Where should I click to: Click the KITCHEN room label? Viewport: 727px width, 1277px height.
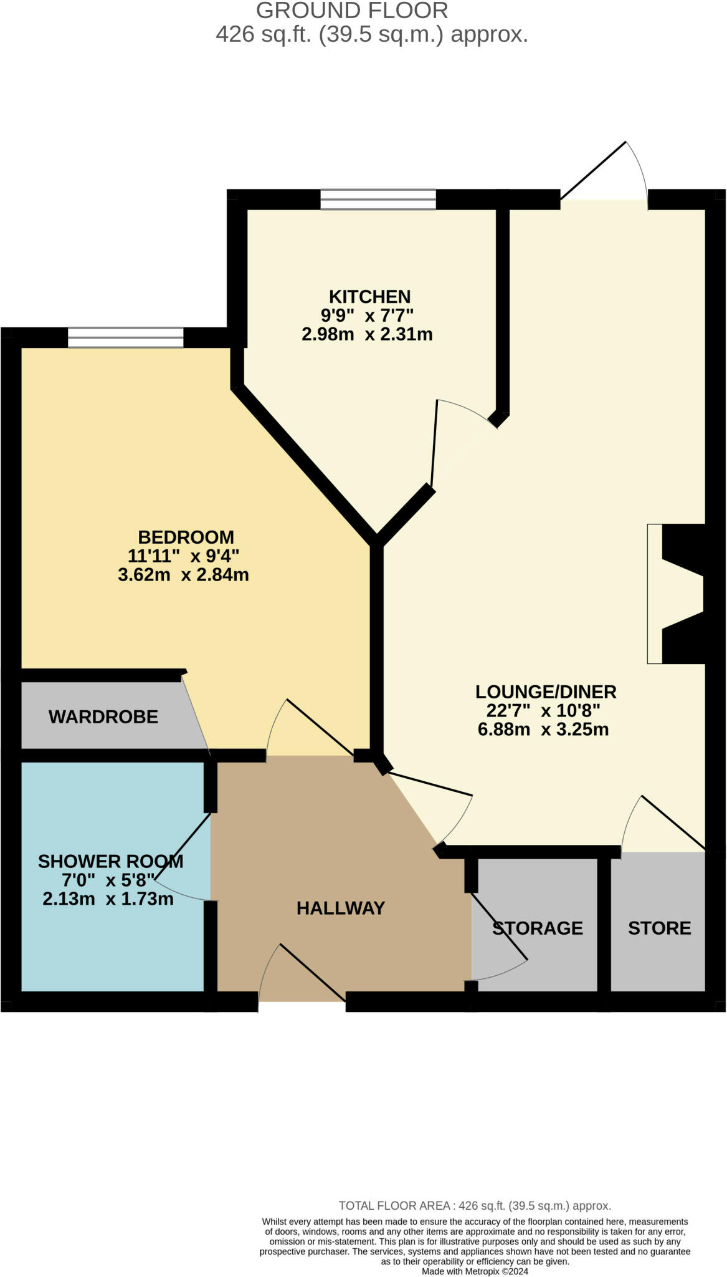369,296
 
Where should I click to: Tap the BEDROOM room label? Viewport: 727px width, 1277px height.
186,537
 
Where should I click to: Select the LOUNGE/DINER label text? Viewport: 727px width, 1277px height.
546,692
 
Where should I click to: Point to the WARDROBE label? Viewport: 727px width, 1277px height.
103,717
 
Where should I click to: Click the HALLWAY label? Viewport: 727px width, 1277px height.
340,908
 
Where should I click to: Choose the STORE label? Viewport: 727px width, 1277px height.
659,928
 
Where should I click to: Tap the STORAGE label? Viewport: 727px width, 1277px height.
538,928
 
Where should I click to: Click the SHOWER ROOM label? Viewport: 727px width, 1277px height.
110,862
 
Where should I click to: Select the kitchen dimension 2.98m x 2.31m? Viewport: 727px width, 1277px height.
367,334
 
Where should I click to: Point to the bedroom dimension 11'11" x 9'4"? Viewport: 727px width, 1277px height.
183,556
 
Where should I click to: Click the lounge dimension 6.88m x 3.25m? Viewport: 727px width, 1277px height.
543,729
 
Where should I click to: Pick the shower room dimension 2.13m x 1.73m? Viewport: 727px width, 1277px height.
108,899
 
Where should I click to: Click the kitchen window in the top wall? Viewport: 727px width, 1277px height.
378,200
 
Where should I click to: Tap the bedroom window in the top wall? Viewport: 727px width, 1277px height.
125,337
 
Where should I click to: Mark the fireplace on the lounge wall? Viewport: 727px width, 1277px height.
676,594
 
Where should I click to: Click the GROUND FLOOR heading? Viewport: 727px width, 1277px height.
352,11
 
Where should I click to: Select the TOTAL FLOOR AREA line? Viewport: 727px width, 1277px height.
474,1206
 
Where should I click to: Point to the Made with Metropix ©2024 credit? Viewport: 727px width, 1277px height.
475,1271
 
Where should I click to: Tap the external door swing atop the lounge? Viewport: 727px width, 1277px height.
604,171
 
